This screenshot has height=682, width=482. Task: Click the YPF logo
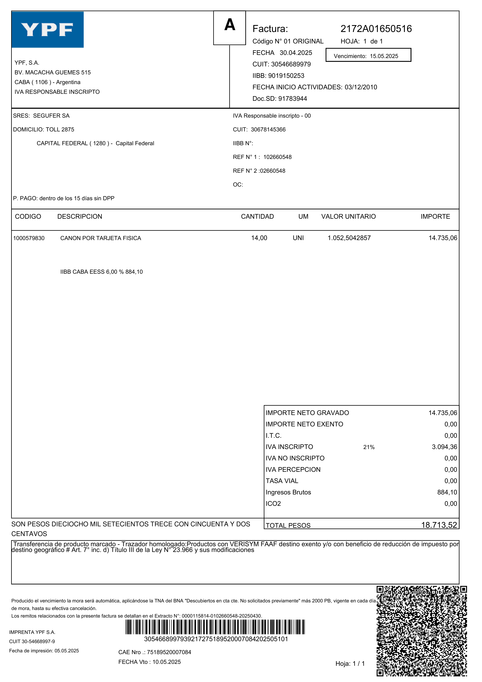(x=48, y=29)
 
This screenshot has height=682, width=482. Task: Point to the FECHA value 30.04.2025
(x=296, y=53)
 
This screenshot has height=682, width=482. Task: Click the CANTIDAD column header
(x=257, y=217)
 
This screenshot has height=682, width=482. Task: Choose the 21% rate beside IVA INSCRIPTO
(x=369, y=447)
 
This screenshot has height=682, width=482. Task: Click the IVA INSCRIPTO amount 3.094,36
(x=444, y=447)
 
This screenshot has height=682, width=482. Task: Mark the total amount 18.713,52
(x=439, y=525)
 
